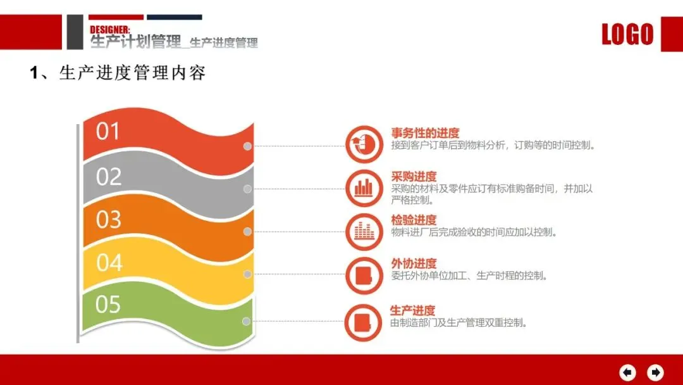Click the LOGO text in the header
pyautogui.click(x=627, y=34)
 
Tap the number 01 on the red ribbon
pyautogui.click(x=108, y=131)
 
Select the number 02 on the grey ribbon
pyautogui.click(x=109, y=177)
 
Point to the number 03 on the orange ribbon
pyautogui.click(x=109, y=219)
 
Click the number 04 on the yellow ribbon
pyautogui.click(x=109, y=263)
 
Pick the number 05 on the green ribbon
pyautogui.click(x=108, y=304)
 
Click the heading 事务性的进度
pyautogui.click(x=425, y=132)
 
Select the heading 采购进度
pyautogui.click(x=414, y=177)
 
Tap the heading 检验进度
pyautogui.click(x=414, y=220)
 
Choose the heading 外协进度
pyautogui.click(x=414, y=263)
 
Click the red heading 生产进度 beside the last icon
pyautogui.click(x=412, y=310)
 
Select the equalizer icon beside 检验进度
pyautogui.click(x=364, y=232)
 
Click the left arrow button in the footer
pyautogui.click(x=628, y=372)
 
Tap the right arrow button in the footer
pyautogui.click(x=655, y=372)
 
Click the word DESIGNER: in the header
pyautogui.click(x=110, y=30)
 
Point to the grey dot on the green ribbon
pyautogui.click(x=246, y=321)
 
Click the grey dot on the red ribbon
pyautogui.click(x=247, y=146)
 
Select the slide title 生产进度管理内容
pyautogui.click(x=132, y=72)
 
